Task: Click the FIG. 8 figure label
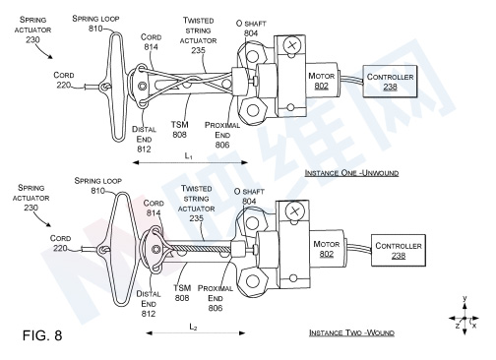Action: click(42, 335)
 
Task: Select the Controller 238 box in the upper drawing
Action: click(390, 81)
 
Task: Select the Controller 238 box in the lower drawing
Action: click(399, 250)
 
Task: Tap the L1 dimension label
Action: click(188, 155)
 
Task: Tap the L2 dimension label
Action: click(193, 327)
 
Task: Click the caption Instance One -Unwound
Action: click(351, 173)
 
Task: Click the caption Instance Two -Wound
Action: click(351, 332)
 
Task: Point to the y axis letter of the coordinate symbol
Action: click(465, 298)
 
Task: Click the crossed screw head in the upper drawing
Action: click(291, 45)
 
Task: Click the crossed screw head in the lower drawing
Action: click(293, 211)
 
